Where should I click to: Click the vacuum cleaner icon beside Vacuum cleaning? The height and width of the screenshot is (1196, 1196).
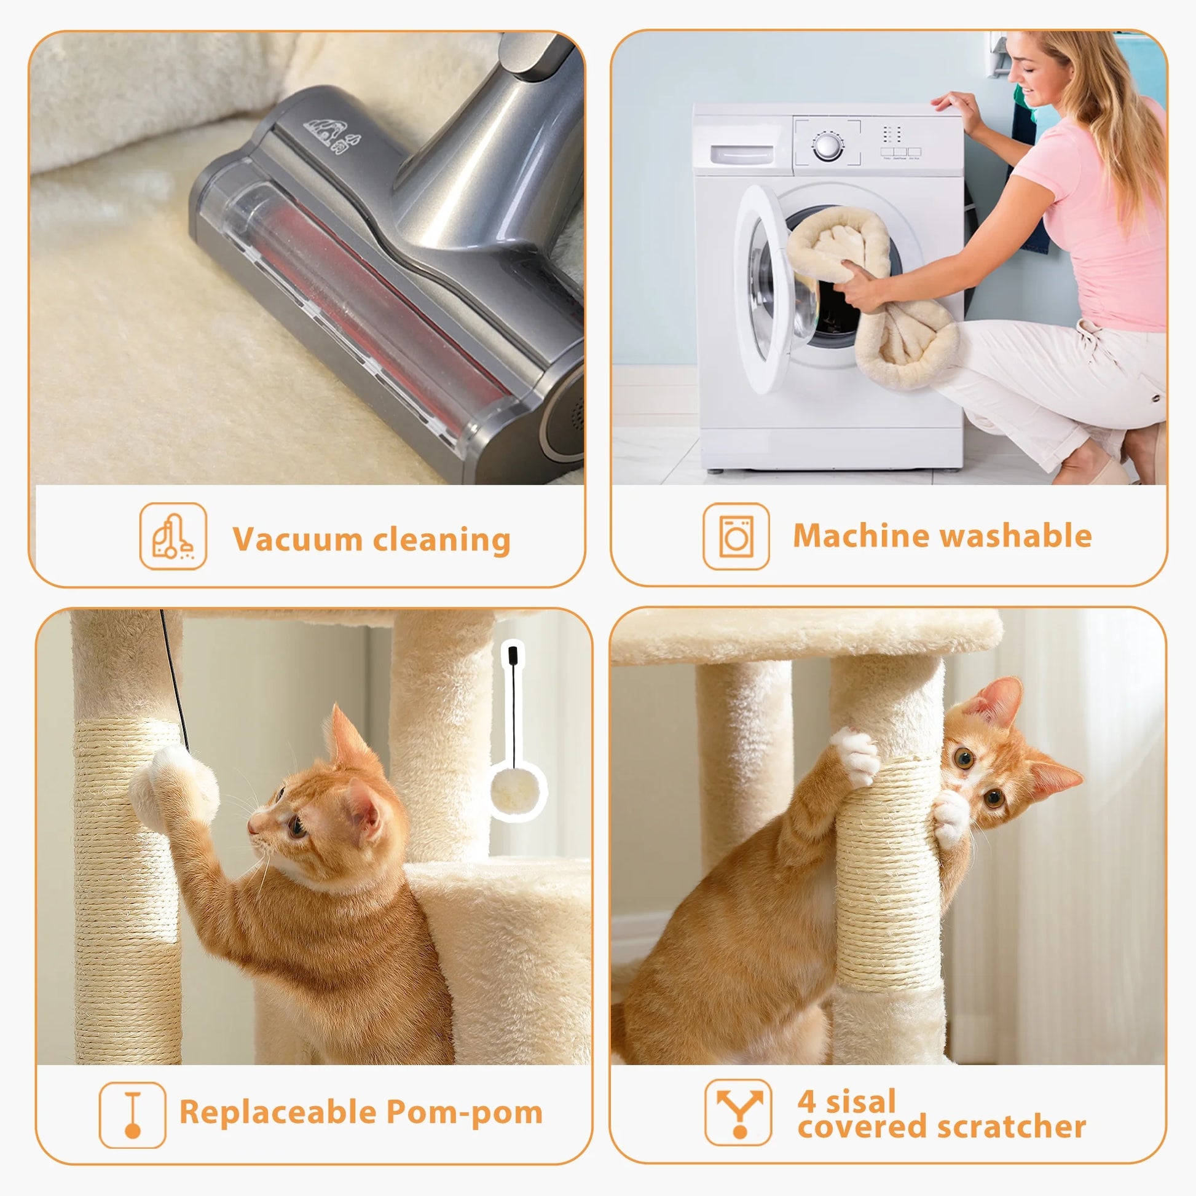[x=173, y=536]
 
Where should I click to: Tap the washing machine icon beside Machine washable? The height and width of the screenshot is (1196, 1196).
[x=736, y=536]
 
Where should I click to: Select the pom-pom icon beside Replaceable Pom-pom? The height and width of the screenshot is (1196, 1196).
[x=133, y=1114]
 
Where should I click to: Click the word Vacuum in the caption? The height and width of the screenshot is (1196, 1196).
[x=297, y=539]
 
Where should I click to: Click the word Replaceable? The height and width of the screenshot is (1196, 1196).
[x=277, y=1112]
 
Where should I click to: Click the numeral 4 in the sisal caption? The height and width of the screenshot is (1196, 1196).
[x=806, y=1100]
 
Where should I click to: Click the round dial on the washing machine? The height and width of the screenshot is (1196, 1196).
[x=827, y=147]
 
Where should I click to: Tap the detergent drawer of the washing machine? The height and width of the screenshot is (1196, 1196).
[x=741, y=155]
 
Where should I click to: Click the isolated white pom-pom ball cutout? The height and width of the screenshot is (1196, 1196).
[x=517, y=792]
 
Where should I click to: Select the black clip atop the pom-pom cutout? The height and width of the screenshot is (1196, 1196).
[x=513, y=654]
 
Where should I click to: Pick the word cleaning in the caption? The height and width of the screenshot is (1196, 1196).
[x=441, y=539]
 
